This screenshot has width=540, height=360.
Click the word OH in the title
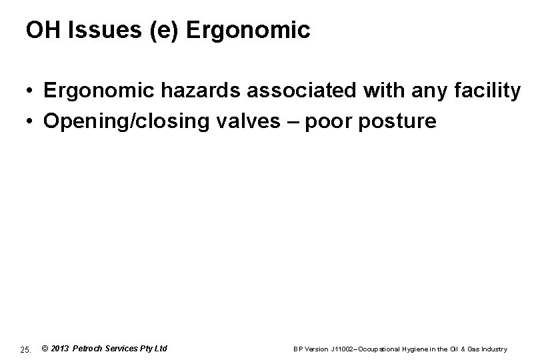pos(40,29)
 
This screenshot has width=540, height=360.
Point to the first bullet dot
pos(31,92)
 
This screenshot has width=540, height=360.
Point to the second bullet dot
pos(31,122)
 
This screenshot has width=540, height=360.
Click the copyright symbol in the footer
pos(45,348)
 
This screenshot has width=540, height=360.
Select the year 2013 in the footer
pos(60,348)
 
